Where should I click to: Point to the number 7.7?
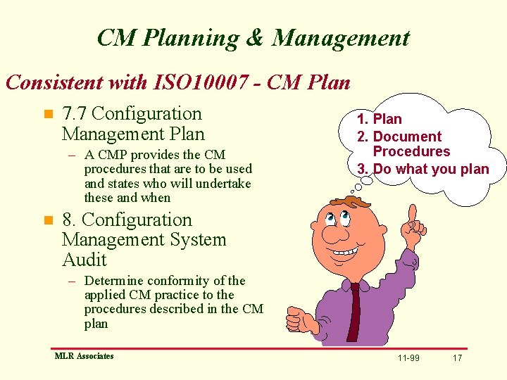[75, 113]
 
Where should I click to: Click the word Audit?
[84, 260]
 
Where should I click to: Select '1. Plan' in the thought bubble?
[379, 119]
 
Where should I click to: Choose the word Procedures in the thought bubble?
[411, 151]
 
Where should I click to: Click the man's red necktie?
[354, 310]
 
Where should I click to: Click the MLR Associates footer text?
[84, 356]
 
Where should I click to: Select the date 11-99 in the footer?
[408, 358]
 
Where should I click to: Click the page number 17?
[457, 358]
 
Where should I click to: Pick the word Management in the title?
[341, 38]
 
